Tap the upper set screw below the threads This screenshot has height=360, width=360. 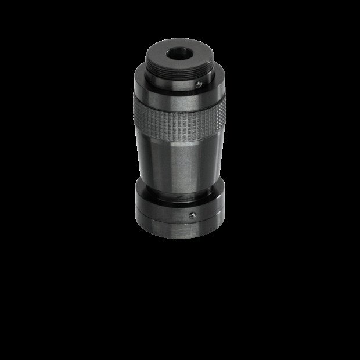[198, 84]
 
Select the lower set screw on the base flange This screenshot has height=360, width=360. [192, 215]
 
